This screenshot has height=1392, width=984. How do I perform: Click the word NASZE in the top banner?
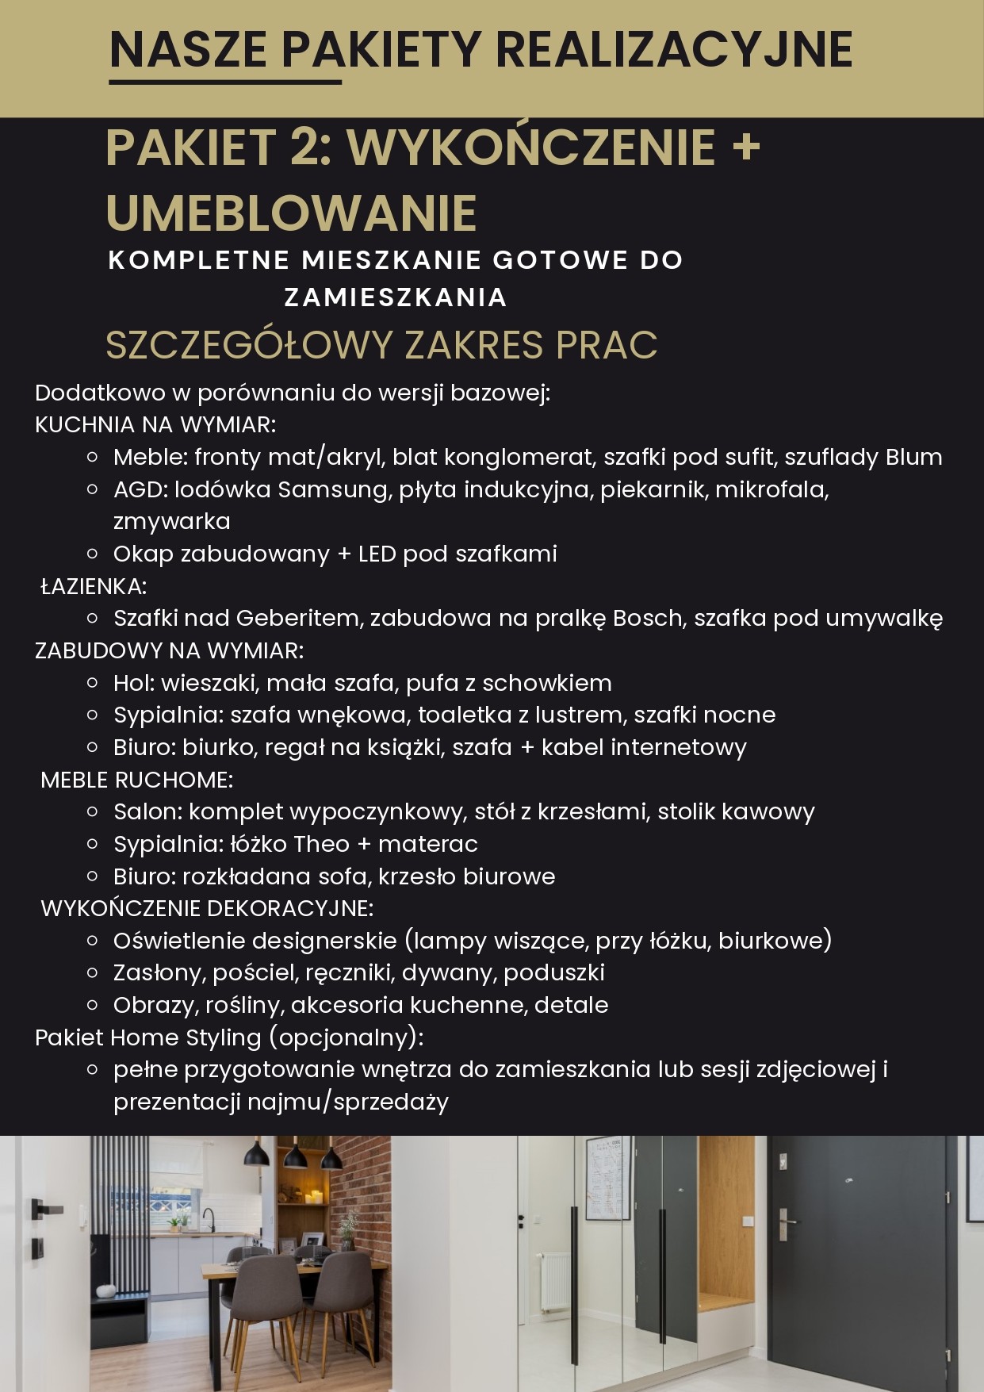pos(188,50)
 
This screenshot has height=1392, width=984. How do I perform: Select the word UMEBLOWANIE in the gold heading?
pos(291,213)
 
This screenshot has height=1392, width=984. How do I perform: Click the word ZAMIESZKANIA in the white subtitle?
pos(396,297)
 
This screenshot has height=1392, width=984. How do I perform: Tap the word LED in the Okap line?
pos(377,554)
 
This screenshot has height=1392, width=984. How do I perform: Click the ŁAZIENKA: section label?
pos(94,586)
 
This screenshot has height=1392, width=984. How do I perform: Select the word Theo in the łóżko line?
pos(321,844)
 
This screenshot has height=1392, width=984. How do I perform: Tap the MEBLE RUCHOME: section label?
pos(136,780)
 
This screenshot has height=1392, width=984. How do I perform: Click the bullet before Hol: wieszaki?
pos(92,683)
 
